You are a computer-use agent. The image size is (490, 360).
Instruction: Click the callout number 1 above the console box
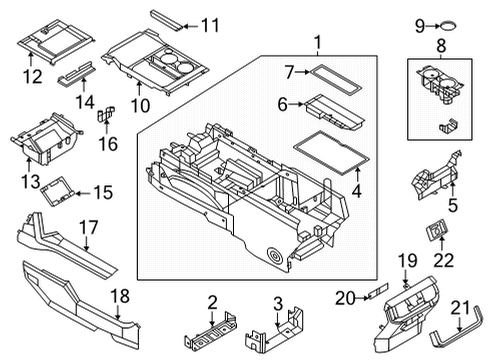[318, 43]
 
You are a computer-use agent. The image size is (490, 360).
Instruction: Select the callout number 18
[120, 296]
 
